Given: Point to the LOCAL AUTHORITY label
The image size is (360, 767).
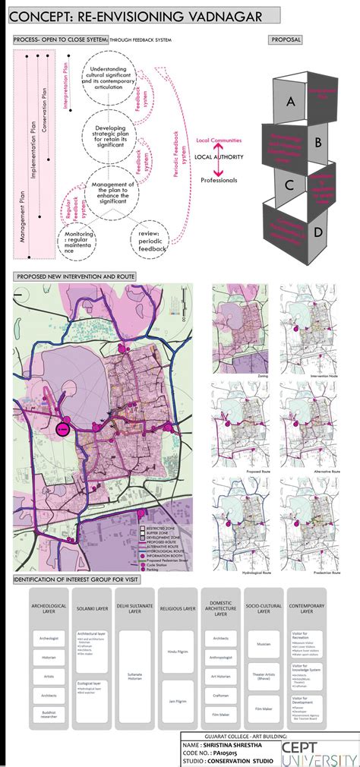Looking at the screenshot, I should click(219, 156).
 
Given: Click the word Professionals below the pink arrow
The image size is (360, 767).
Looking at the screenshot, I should click(219, 180).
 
